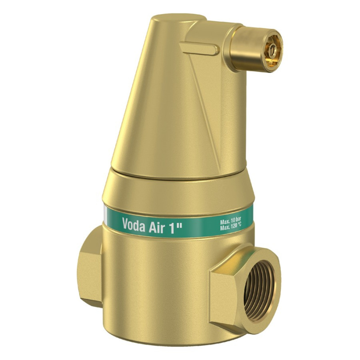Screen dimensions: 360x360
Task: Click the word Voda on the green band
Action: (x=134, y=225)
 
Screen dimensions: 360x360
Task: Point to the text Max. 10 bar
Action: (x=230, y=222)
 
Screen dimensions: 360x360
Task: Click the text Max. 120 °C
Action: (x=230, y=228)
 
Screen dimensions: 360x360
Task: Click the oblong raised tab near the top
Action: (x=199, y=48)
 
